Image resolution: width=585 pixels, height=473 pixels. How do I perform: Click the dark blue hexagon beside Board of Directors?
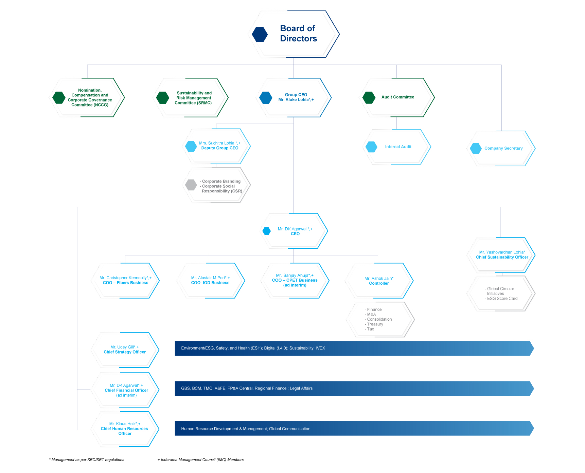(x=260, y=34)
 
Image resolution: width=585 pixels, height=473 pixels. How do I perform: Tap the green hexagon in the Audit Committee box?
(x=369, y=97)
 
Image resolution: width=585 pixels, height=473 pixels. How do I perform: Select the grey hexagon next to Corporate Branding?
(x=191, y=185)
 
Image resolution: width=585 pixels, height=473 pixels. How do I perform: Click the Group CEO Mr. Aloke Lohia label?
(x=296, y=97)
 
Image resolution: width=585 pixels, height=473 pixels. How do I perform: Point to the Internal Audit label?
(x=398, y=147)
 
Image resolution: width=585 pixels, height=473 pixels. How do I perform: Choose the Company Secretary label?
(x=503, y=148)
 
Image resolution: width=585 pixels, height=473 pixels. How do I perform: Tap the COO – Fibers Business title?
(x=125, y=283)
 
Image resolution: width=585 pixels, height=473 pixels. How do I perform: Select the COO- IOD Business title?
(x=210, y=283)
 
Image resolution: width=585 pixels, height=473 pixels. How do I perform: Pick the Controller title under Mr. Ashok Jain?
(x=379, y=283)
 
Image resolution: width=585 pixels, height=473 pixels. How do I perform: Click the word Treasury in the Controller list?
(x=375, y=324)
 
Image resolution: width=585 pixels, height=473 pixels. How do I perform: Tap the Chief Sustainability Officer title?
(x=502, y=257)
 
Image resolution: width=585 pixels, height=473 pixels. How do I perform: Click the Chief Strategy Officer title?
(x=125, y=352)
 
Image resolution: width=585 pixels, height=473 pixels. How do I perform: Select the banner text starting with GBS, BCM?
(x=247, y=389)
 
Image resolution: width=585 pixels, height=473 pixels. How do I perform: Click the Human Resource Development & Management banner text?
(x=246, y=429)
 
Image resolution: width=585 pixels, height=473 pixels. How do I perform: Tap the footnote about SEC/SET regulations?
(x=87, y=460)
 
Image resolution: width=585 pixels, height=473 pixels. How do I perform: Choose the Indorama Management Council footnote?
(x=200, y=460)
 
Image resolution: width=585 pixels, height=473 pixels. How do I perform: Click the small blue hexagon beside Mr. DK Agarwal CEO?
(x=267, y=231)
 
